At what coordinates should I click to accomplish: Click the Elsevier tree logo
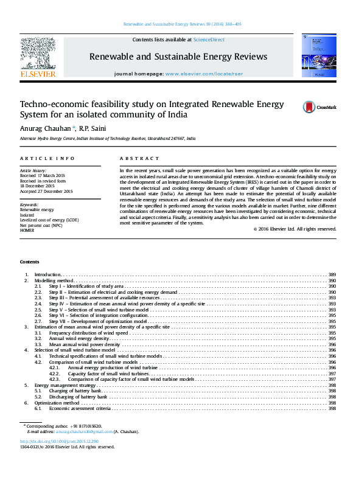[38, 55]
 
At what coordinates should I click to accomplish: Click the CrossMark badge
[319, 107]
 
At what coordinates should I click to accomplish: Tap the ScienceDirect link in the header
[209, 40]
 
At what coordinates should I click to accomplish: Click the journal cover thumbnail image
[319, 55]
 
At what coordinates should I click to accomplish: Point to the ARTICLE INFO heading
[47, 158]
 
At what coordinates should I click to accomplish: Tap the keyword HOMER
[28, 231]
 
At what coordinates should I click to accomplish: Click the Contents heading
[29, 262]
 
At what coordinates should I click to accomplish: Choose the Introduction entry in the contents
[47, 275]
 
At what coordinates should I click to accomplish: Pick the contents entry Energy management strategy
[65, 386]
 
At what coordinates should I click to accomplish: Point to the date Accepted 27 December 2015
[46, 192]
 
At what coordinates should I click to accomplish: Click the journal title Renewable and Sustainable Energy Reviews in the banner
[178, 57]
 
